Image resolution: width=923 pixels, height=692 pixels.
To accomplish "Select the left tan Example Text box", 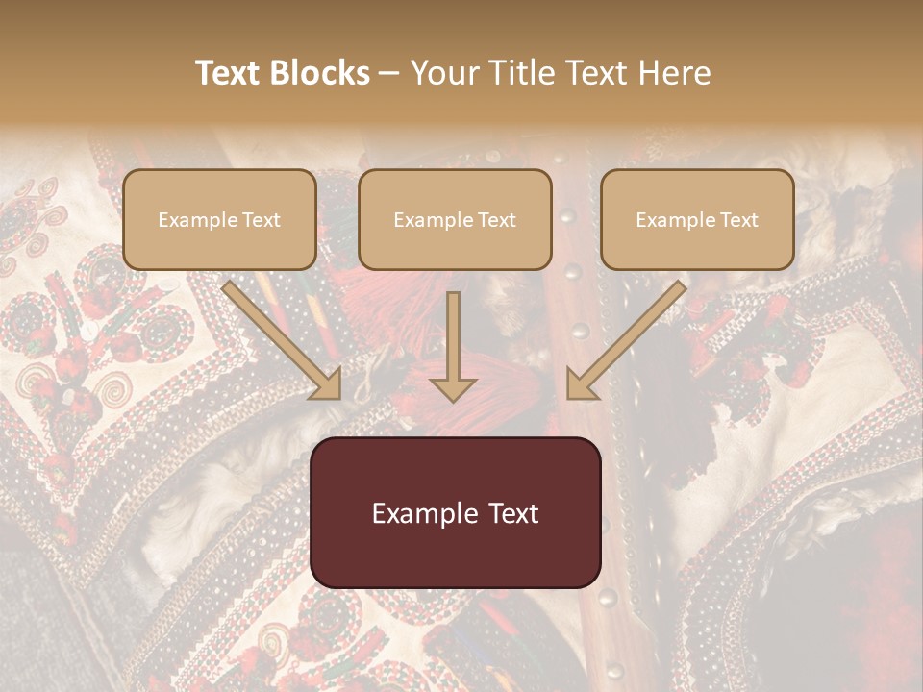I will (219, 219).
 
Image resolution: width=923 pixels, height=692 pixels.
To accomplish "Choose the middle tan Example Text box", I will (455, 219).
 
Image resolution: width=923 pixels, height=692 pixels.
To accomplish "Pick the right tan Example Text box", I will (697, 219).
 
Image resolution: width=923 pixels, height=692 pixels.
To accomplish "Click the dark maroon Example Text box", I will (455, 512).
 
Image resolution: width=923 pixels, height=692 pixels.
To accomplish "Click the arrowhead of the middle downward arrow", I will (453, 386).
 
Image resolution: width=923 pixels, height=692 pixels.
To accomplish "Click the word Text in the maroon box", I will (513, 513).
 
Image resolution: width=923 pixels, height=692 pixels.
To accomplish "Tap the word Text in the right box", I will (738, 220).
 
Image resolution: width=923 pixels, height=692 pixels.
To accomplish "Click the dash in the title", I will (390, 73).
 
